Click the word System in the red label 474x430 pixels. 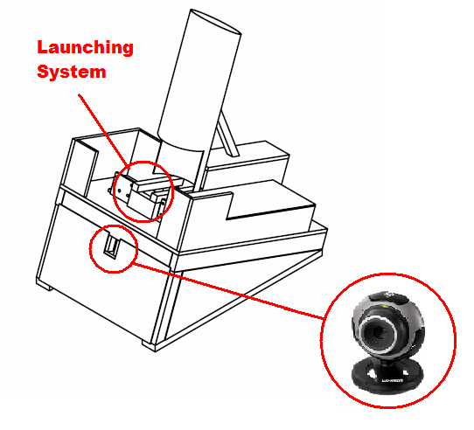71,72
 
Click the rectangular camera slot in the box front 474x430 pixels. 112,246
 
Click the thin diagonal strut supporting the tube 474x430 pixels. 227,131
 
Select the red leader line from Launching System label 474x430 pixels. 103,122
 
